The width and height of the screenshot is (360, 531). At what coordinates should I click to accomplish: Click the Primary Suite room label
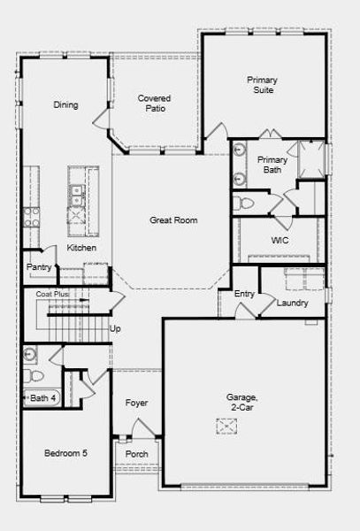point(262,85)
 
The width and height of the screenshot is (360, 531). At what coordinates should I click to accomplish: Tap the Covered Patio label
point(154,104)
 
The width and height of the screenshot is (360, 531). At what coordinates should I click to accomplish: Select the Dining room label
point(65,104)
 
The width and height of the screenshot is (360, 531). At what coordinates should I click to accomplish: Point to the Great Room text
point(172,220)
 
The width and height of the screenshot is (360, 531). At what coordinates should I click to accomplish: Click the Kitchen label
point(82,248)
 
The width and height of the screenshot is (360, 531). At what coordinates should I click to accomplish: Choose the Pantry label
point(39,266)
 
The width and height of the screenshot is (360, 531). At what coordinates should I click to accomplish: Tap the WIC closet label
point(280,240)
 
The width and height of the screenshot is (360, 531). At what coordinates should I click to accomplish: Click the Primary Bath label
point(272,165)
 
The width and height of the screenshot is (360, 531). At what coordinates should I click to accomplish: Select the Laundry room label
point(292,303)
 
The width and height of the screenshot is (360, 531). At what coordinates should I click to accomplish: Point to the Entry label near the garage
point(244,293)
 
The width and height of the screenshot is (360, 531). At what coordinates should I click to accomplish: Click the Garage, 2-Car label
point(241,403)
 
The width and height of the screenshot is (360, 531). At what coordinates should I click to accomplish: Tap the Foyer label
point(136,403)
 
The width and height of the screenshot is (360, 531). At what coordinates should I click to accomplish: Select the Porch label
point(137,454)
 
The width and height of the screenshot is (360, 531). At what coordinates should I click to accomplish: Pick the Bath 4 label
point(43,399)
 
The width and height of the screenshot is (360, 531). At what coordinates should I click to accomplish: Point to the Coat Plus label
point(52,293)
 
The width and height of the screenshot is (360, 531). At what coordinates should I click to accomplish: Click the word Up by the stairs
point(114,328)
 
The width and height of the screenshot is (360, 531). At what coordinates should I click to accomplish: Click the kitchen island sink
point(76,189)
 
